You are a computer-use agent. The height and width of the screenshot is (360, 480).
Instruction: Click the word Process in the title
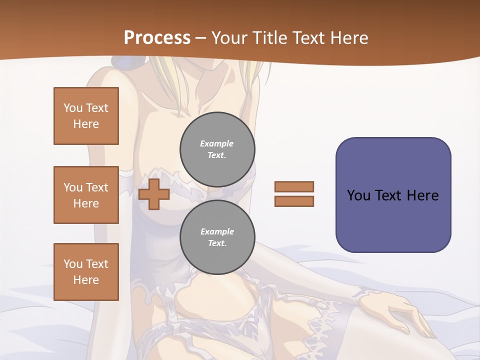[x=157, y=38]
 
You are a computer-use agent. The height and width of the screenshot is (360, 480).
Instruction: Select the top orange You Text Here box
[x=86, y=116]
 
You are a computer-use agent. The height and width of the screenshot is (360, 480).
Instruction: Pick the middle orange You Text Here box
[x=86, y=195]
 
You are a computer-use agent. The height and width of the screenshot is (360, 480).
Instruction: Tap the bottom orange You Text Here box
[x=86, y=272]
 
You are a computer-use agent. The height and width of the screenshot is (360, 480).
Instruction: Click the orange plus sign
[x=154, y=194]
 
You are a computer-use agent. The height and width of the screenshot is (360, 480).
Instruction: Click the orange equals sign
[x=294, y=194]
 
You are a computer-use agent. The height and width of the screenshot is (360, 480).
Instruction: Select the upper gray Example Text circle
[x=217, y=149]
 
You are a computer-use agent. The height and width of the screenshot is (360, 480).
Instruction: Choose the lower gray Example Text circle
[x=217, y=237]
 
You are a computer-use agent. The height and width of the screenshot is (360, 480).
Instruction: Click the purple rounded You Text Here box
[x=393, y=195]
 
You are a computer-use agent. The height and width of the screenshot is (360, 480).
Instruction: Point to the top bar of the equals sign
[x=294, y=187]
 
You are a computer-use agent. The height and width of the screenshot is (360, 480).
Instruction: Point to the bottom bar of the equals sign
[x=294, y=201]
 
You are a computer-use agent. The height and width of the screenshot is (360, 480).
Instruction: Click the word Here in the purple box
[x=422, y=195]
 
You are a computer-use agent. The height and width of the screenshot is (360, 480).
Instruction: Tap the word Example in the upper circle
[x=217, y=143]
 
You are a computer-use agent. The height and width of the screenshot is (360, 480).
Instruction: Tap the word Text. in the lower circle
[x=217, y=243]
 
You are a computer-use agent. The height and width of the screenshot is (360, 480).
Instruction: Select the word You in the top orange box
[x=72, y=108]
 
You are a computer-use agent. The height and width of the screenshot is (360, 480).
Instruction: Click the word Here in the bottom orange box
[x=86, y=280]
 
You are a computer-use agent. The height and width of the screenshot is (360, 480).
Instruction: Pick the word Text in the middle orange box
[x=96, y=187]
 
